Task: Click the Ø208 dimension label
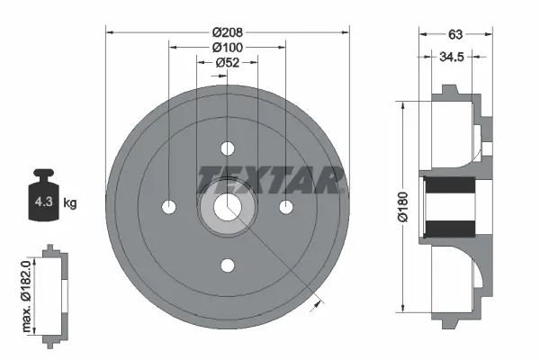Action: point(227,31)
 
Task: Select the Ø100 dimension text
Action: point(227,47)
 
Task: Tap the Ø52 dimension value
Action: point(227,62)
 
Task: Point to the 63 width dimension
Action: point(455,36)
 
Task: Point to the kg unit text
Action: point(69,203)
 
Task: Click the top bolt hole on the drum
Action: point(228,148)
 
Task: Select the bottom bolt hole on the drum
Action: point(228,265)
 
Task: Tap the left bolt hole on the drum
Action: point(169,207)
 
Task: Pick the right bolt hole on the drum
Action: point(286,207)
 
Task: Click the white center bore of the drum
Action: point(228,206)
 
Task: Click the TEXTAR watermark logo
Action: point(271,179)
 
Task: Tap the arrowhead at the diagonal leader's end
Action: point(314,306)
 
